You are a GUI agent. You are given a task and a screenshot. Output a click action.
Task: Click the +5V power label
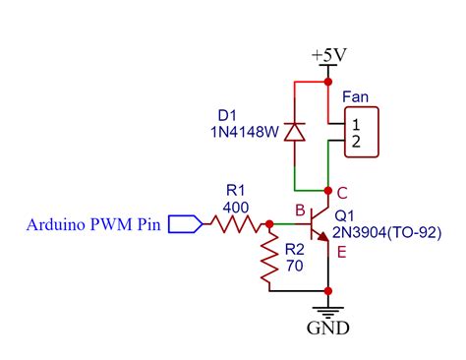point(327,56)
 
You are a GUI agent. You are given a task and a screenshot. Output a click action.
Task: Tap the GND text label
point(327,327)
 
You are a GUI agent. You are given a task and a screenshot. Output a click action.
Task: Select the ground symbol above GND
point(327,306)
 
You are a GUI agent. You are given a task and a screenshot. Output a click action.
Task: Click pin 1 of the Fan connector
point(355,124)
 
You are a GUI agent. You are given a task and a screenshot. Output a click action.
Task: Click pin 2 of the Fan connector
point(355,143)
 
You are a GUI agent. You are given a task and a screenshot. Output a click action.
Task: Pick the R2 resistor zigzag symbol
point(267,260)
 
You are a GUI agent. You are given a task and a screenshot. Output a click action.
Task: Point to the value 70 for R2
point(292,265)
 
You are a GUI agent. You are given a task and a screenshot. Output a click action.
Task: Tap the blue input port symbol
point(185,225)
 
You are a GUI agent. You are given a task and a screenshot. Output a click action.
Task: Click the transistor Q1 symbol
point(319,225)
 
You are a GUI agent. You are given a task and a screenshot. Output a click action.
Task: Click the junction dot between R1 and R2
point(267,225)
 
